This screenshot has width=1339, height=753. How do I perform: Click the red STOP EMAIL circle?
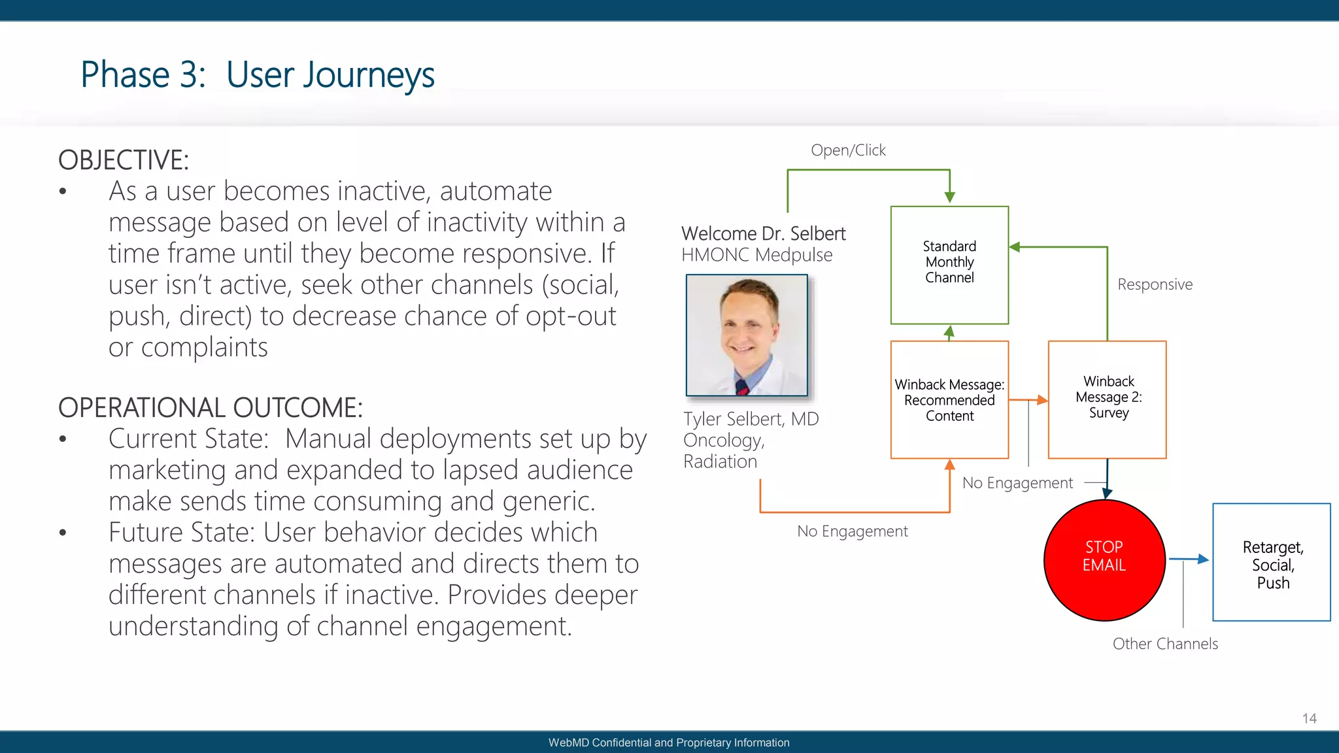(x=1104, y=560)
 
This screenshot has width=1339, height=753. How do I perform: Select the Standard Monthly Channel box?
(x=949, y=264)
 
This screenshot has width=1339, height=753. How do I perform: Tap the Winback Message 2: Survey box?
(x=1107, y=399)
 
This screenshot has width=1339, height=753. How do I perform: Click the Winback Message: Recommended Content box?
(x=949, y=399)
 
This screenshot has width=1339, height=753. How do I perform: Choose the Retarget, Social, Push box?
(x=1272, y=562)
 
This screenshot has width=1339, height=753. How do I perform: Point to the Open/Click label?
(x=848, y=150)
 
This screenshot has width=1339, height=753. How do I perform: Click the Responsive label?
(x=1155, y=284)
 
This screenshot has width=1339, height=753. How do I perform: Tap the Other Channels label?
(x=1165, y=644)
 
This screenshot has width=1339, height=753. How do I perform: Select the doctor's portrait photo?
(x=747, y=335)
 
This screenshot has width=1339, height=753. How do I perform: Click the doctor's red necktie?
(x=741, y=387)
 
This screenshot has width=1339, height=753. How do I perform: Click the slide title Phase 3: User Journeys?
(x=258, y=75)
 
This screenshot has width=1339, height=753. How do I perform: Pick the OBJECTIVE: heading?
(x=124, y=160)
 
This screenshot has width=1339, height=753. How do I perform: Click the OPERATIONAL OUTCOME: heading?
(x=210, y=408)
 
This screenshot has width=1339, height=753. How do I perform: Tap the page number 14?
(x=1309, y=718)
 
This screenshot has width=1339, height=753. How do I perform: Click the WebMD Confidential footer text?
(x=669, y=743)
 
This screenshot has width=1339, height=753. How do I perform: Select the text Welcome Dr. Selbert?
(x=763, y=233)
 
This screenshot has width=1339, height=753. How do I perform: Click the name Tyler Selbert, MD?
(x=751, y=419)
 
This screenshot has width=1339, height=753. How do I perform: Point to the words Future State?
(x=181, y=532)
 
